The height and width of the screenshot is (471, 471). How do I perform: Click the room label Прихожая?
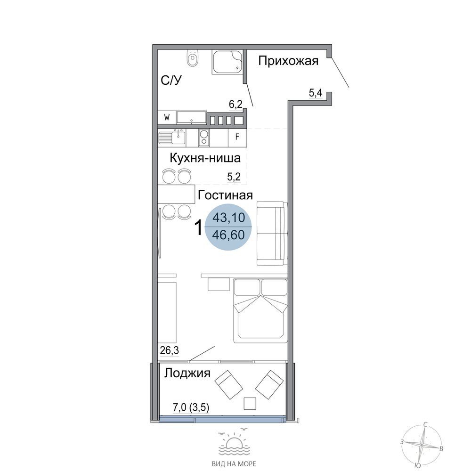tap(288, 61)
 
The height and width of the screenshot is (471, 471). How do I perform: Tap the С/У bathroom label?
tap(171, 81)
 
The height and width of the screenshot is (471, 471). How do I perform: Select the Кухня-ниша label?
tap(205, 158)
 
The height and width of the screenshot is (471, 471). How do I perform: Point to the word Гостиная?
tap(225, 195)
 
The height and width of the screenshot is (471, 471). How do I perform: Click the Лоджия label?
tap(187, 373)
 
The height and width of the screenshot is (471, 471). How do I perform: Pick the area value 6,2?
tap(235, 104)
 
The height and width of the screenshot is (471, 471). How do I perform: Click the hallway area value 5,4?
tap(316, 93)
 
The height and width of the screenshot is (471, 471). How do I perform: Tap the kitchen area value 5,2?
tap(234, 177)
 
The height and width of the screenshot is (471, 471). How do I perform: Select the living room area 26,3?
tap(170, 350)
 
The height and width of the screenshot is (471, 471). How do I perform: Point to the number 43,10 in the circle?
tap(228, 217)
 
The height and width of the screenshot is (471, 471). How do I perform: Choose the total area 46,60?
tap(228, 235)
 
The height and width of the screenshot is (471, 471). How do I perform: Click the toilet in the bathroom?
tap(193, 57)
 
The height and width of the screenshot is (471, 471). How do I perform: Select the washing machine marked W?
tap(167, 117)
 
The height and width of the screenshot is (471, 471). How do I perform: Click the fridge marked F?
tap(237, 137)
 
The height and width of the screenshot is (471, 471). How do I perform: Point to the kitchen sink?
tap(172, 138)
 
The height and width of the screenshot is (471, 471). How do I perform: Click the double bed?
tap(261, 310)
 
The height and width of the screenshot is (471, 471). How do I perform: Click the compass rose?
tap(422, 444)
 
